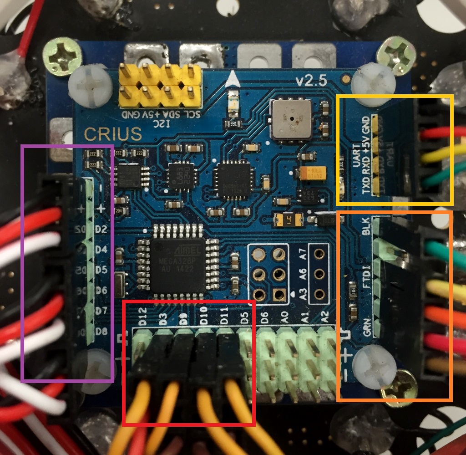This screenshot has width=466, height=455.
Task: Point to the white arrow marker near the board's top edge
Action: (233, 80)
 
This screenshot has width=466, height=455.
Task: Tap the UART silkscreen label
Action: (356, 162)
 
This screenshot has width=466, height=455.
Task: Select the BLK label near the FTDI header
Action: (367, 226)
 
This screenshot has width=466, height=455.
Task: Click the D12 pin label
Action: (143, 316)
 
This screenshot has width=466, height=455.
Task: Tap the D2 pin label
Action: (101, 229)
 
